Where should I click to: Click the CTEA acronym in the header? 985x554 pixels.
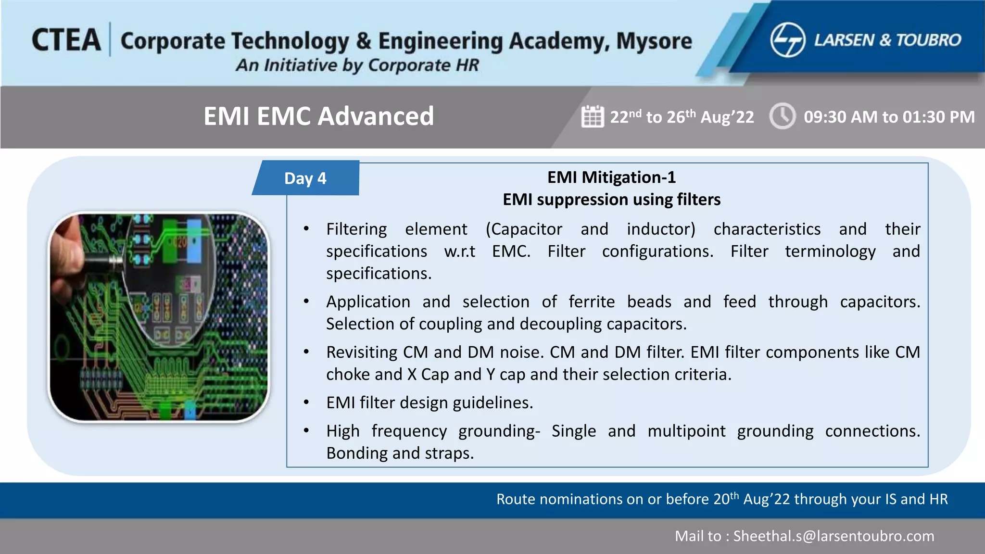(66, 40)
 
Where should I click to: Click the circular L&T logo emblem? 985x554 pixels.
(787, 40)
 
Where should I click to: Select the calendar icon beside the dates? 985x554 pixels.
(592, 116)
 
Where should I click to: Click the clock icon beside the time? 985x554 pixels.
(782, 116)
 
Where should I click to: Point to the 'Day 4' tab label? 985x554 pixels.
(305, 178)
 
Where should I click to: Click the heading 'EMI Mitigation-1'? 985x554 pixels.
(611, 177)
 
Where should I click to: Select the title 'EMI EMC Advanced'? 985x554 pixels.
(318, 116)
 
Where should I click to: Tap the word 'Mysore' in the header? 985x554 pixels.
(654, 41)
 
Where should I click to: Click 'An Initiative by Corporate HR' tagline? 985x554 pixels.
(357, 65)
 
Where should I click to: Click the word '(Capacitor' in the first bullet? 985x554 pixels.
(524, 229)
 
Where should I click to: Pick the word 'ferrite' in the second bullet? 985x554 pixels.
(592, 302)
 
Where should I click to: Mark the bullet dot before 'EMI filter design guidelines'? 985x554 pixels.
(306, 403)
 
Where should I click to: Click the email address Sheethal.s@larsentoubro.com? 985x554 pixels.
(833, 536)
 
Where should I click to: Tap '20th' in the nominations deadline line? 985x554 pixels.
(725, 499)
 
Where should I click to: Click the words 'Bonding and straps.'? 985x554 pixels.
(400, 453)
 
